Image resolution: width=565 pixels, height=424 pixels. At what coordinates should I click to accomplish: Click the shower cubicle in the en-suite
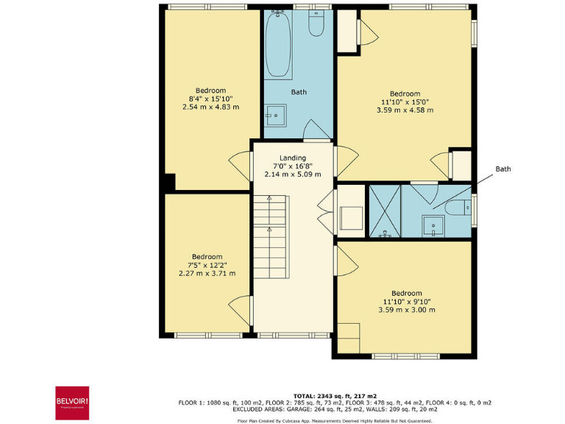(x=384, y=212)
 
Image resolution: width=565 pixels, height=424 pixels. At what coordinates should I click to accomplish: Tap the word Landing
(x=292, y=158)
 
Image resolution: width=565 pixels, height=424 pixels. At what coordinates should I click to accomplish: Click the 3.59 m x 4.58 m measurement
(x=405, y=110)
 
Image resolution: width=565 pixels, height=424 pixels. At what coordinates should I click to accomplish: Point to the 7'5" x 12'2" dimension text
(x=207, y=265)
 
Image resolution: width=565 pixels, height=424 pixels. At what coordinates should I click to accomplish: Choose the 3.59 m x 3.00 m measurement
(x=406, y=310)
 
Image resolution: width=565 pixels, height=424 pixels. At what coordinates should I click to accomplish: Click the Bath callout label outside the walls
(x=502, y=169)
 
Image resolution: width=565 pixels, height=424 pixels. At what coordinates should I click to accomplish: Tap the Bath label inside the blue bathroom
(x=299, y=92)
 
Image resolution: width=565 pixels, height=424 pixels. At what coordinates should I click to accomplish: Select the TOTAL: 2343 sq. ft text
(x=335, y=395)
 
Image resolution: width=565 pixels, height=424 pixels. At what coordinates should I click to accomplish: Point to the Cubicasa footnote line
(x=335, y=420)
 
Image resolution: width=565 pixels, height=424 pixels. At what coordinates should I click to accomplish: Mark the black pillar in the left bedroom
(x=169, y=181)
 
